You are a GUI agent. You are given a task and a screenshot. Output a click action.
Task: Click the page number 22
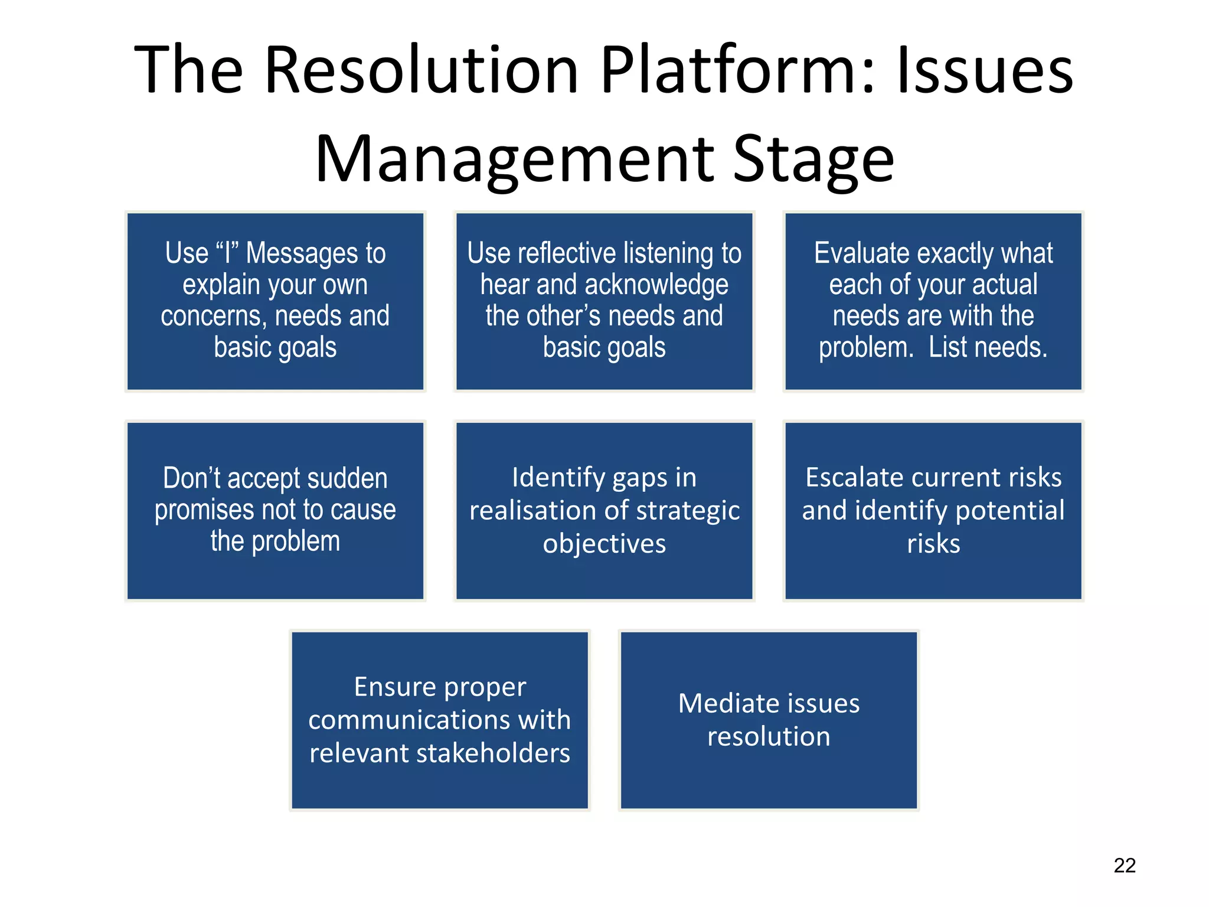(1124, 865)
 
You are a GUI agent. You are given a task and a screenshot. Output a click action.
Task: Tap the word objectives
(604, 544)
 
